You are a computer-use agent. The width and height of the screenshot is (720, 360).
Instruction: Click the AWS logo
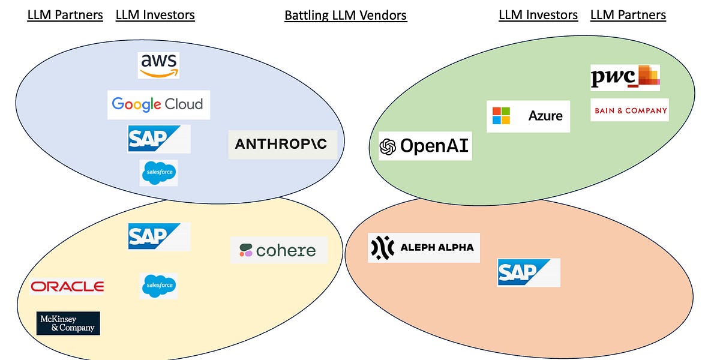(158, 65)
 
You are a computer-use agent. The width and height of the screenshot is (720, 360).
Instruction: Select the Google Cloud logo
(158, 104)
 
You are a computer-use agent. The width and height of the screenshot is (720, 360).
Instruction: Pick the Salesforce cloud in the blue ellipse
(158, 173)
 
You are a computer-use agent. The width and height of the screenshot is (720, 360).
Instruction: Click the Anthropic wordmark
(283, 144)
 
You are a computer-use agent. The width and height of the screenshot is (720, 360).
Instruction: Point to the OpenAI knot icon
(388, 146)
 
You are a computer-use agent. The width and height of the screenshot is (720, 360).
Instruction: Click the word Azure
(545, 116)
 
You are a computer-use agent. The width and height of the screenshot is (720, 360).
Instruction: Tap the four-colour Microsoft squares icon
(500, 116)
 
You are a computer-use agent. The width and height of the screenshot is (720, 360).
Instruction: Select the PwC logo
(625, 77)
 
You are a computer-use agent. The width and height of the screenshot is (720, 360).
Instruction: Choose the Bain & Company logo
(629, 110)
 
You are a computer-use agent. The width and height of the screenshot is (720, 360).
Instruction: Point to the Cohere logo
(278, 250)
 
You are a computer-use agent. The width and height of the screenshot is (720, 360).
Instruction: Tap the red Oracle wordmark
(67, 287)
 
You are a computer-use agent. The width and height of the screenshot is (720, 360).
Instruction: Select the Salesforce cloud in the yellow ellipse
(158, 286)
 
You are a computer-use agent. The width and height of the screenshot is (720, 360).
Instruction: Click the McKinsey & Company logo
(68, 323)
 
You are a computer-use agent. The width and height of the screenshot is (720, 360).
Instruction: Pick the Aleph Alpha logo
(424, 247)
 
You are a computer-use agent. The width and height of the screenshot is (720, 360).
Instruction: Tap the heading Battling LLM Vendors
(346, 15)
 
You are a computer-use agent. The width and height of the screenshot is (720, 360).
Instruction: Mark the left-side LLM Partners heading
(65, 15)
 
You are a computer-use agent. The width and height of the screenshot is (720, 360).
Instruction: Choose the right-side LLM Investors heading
(538, 15)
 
